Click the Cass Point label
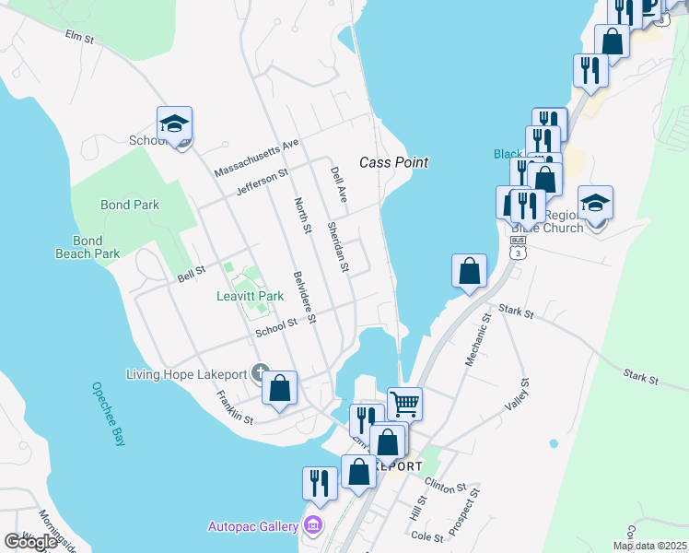pos(393,162)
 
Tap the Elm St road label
pos(80,38)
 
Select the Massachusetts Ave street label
pos(257,158)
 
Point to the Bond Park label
pos(130,205)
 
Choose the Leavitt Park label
pos(250,296)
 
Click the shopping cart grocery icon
pos(404,403)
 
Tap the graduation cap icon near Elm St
pos(174,124)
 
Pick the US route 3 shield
pos(518,247)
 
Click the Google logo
pos(31,541)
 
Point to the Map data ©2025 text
pos(649,546)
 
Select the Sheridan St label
pos(338,248)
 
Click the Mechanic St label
pos(475,341)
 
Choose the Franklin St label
pos(235,407)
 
